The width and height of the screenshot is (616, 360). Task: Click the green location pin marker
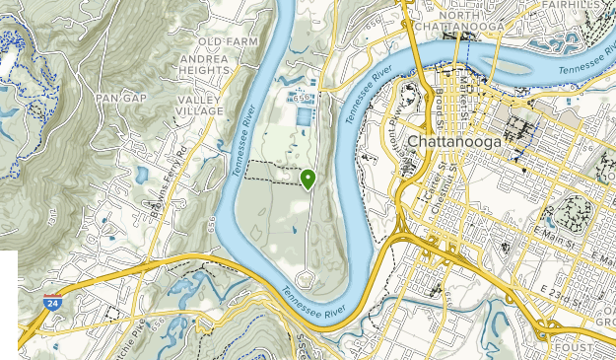pyautogui.click(x=308, y=179)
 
